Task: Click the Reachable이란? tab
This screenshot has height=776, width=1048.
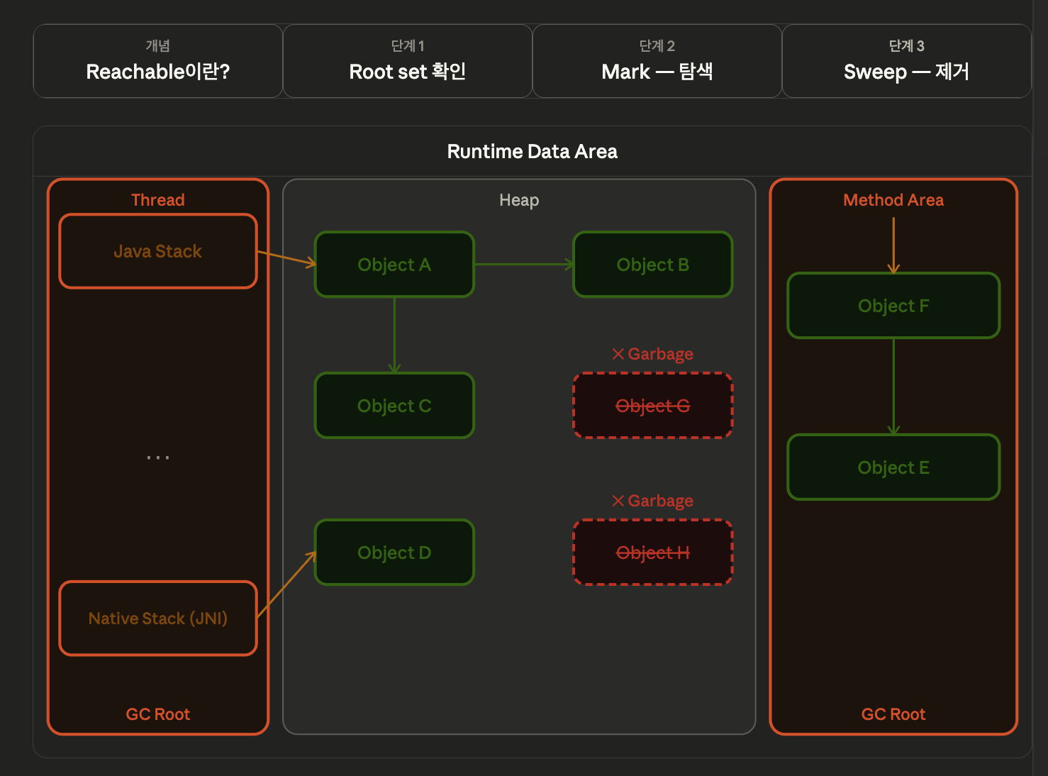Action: click(158, 61)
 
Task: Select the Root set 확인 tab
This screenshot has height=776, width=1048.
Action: click(407, 61)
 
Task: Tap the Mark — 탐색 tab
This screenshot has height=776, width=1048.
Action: click(657, 61)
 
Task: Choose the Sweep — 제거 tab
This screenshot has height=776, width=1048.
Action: click(906, 61)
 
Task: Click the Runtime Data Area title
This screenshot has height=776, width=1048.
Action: click(532, 152)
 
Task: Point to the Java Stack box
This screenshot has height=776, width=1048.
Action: click(158, 251)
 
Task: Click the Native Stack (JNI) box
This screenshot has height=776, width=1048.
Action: click(158, 618)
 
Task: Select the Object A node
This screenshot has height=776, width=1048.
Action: click(394, 265)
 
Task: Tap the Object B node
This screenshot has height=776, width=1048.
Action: click(652, 265)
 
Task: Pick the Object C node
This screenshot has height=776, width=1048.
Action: click(394, 405)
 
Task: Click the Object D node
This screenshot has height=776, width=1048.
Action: click(394, 553)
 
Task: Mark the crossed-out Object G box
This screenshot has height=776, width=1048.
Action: click(652, 405)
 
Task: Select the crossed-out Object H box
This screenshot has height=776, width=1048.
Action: click(652, 553)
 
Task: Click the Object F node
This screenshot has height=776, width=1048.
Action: click(893, 306)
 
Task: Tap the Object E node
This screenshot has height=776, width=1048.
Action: click(893, 467)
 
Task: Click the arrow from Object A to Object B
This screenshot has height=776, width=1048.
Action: click(523, 265)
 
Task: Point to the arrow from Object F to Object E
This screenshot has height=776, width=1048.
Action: click(893, 387)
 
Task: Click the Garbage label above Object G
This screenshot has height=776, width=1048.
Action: click(652, 354)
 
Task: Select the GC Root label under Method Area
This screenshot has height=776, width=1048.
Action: click(893, 714)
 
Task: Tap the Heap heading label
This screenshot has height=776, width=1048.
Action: click(519, 200)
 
